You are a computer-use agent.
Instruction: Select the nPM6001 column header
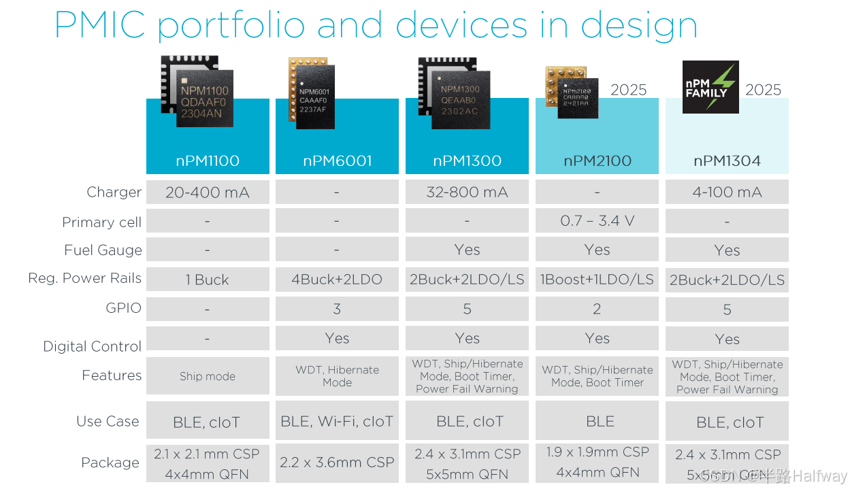click(x=337, y=161)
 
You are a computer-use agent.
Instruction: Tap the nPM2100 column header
click(x=597, y=161)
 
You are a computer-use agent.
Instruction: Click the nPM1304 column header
click(x=727, y=161)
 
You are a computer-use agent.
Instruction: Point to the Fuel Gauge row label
click(x=103, y=250)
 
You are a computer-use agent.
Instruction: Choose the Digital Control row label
click(x=92, y=346)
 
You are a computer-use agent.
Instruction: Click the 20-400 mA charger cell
click(x=208, y=192)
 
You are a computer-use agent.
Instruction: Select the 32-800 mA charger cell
click(x=467, y=192)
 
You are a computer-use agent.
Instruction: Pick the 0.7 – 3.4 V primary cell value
click(x=597, y=221)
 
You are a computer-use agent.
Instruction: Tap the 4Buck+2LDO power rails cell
click(x=337, y=280)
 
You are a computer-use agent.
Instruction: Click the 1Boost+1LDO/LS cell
click(x=597, y=280)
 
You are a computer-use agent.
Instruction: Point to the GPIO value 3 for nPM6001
click(x=337, y=309)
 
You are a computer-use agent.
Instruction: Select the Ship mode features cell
click(x=208, y=376)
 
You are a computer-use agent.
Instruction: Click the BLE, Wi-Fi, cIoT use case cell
click(x=337, y=422)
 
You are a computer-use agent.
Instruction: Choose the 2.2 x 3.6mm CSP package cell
click(x=337, y=462)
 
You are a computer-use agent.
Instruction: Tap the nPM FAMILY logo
click(x=710, y=86)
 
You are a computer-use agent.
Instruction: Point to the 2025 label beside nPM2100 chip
click(x=628, y=90)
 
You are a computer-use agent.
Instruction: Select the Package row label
click(x=110, y=462)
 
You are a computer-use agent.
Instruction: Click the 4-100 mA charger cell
click(x=727, y=192)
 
